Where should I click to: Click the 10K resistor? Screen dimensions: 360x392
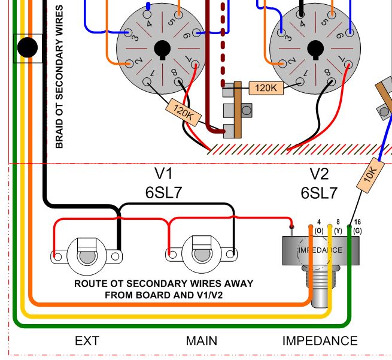click(370, 175)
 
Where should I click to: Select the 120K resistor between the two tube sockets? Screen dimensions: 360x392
click(266, 88)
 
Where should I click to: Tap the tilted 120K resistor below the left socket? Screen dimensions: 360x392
click(182, 112)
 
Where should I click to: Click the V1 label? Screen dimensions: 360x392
click(163, 174)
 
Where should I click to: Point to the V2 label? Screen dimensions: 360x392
click(319, 174)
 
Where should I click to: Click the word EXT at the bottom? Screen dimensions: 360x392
click(87, 341)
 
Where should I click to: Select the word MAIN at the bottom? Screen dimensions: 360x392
click(202, 341)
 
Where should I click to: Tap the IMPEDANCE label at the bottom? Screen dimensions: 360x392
click(320, 341)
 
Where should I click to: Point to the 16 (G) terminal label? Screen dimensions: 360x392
click(357, 226)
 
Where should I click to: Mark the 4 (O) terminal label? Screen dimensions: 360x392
click(319, 226)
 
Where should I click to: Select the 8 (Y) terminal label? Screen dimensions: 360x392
click(338, 226)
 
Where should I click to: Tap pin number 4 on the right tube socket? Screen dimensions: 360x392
click(303, 24)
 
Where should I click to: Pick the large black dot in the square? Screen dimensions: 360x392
click(28, 48)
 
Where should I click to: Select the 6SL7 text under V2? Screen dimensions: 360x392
click(319, 193)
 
